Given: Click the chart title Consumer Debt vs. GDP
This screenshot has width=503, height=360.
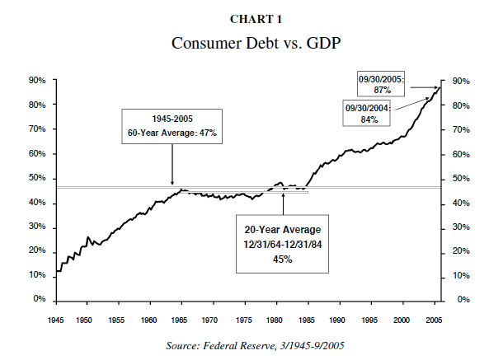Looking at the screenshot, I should [x=251, y=43].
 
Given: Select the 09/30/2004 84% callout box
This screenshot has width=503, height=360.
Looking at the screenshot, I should [x=368, y=114].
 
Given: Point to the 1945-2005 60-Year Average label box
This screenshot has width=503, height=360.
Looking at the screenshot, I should [x=172, y=125].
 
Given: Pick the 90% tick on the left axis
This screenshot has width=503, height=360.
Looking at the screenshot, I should [x=35, y=81].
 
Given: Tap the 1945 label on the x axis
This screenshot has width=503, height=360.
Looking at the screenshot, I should [x=56, y=319].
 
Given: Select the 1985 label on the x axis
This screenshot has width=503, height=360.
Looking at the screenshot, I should [x=308, y=319].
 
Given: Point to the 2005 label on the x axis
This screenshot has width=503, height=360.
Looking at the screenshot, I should [x=434, y=319].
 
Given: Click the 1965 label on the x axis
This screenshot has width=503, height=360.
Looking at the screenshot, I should [x=181, y=319].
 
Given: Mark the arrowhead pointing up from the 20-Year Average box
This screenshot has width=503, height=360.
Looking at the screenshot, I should [x=283, y=195].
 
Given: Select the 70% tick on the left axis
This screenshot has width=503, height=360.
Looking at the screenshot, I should [x=35, y=130].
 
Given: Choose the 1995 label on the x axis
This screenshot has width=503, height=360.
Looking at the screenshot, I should [x=371, y=319].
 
